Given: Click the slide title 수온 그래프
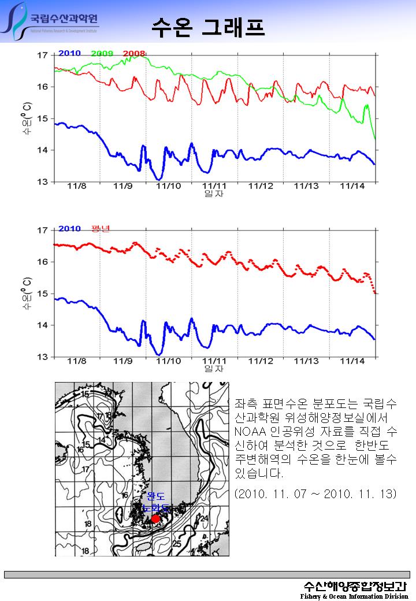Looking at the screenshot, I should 208,26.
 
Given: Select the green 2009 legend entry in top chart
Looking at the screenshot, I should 102,53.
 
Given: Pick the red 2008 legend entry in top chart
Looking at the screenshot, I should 134,53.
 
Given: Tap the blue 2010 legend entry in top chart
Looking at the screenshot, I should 69,53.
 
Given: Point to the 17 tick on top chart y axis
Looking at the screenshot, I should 43,55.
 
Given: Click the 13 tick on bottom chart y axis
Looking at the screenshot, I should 43,357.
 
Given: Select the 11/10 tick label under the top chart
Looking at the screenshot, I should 169,186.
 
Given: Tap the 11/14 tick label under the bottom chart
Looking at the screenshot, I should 352,361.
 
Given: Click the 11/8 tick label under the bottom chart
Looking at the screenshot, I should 76,361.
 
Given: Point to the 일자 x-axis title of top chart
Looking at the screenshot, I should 214,194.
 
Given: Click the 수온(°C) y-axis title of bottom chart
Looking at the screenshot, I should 27,294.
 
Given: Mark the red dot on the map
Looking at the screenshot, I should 155,518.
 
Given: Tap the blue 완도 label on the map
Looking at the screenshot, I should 156,496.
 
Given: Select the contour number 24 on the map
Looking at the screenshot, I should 203,518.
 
